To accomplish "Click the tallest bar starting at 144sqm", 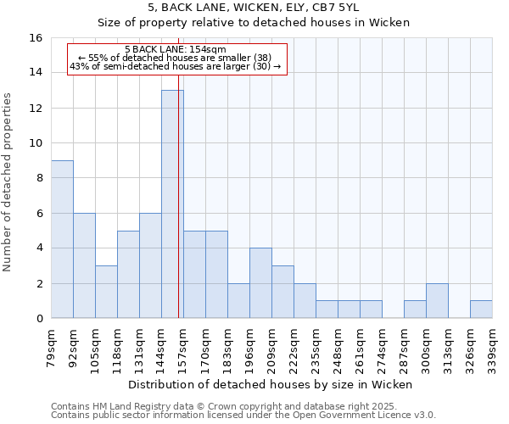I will pos(172,204).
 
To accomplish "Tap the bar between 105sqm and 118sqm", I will pos(106,292).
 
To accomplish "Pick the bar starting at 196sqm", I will pos(260,283).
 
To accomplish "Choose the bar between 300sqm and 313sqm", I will pos(437,301).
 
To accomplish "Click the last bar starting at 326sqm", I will pos(481,310).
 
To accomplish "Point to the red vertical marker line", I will pos(179,212).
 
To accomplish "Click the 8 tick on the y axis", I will pos(39,178).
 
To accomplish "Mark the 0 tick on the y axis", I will pos(39,319).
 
